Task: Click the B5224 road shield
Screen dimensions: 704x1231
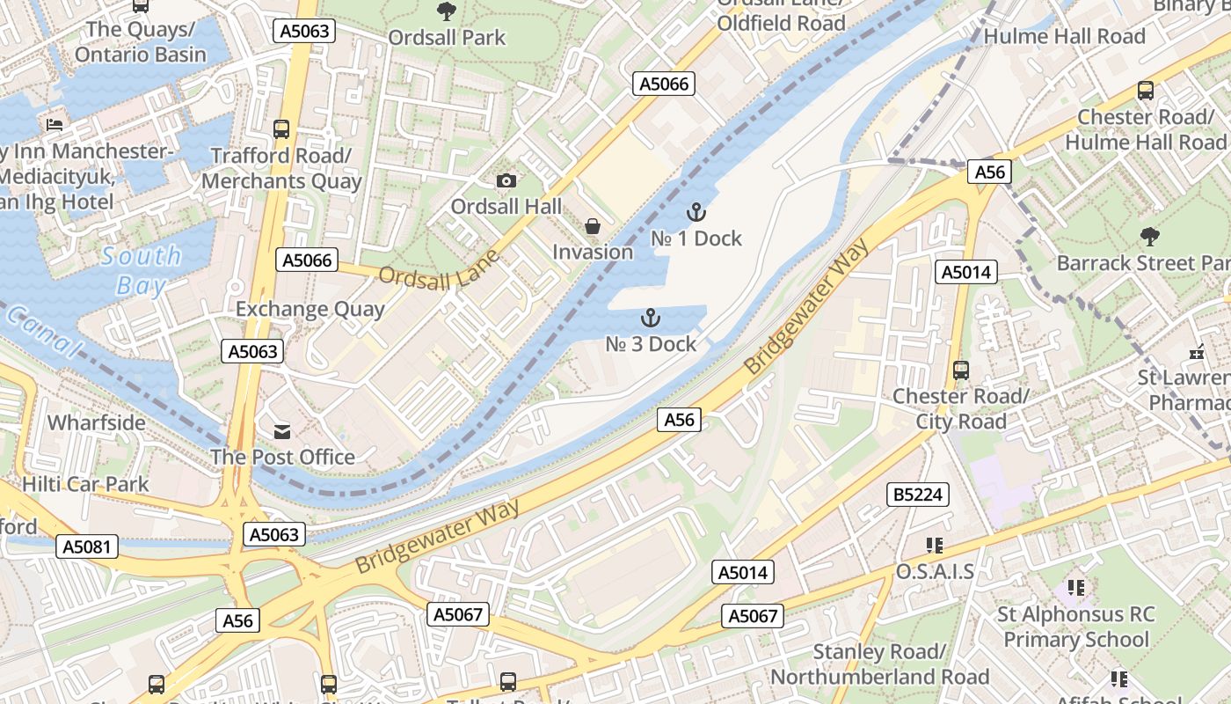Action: (x=918, y=495)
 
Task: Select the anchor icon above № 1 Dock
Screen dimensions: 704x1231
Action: (x=696, y=212)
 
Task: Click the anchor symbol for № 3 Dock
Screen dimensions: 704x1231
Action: (x=651, y=318)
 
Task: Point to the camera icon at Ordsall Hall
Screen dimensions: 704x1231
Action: (x=506, y=180)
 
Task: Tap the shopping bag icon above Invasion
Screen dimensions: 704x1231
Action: (x=593, y=226)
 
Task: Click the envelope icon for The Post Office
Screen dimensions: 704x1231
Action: (x=282, y=431)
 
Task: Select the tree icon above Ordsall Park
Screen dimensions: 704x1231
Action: (x=447, y=11)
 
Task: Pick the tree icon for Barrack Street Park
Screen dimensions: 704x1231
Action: (x=1149, y=236)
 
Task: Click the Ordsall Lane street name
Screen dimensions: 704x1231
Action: (x=439, y=268)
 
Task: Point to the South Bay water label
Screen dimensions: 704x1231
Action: (x=141, y=271)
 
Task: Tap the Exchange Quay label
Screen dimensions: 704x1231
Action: (x=310, y=309)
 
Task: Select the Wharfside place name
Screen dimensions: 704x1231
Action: (x=97, y=422)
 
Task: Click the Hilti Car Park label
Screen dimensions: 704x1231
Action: (x=85, y=483)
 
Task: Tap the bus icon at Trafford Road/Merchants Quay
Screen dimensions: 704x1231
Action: (x=281, y=129)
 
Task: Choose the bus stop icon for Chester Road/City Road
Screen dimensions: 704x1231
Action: (x=961, y=370)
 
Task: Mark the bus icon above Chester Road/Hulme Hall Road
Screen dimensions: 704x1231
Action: (x=1146, y=90)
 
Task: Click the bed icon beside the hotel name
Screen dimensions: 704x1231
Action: (x=55, y=124)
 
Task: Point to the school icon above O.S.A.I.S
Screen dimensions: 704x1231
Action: (x=934, y=546)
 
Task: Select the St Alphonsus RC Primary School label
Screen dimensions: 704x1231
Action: (x=1076, y=627)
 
